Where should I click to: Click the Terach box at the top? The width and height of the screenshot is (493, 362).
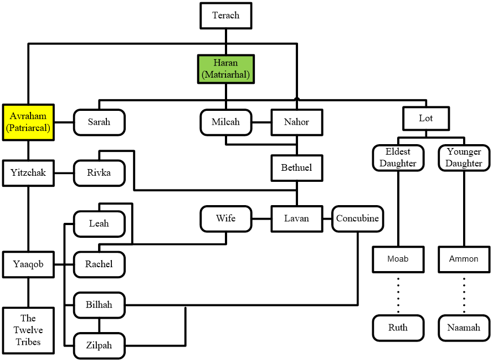pos(225,15)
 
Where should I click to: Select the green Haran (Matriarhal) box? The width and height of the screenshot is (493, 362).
pos(225,69)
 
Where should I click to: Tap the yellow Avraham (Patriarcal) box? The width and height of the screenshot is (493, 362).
pos(28,122)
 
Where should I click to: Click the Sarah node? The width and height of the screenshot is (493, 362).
pos(99,121)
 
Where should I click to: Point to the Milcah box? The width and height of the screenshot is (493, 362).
pos(225,121)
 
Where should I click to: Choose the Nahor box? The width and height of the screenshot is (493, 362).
pos(297,121)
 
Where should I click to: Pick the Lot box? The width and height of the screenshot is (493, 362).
pos(426,118)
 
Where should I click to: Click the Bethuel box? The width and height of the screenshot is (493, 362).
pos(297,167)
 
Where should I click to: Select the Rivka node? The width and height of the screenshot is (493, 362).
pos(99,172)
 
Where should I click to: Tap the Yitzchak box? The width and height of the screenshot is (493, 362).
pos(29,172)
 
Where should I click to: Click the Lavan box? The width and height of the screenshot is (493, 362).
pos(296,218)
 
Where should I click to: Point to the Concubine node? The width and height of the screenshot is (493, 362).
pos(357,218)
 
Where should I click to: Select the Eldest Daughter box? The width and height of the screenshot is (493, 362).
pos(398,157)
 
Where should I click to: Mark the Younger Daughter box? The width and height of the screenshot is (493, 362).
pos(464,157)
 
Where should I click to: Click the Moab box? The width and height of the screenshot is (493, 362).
pos(398,259)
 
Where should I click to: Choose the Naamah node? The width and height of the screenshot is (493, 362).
pos(464,328)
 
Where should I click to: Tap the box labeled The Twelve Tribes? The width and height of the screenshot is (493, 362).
pos(28,330)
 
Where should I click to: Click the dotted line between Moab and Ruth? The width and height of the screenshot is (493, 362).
pos(398,294)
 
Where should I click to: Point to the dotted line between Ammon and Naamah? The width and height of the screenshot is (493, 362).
pos(464,294)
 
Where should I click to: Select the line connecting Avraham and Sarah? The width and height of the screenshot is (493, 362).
pos(64,122)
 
